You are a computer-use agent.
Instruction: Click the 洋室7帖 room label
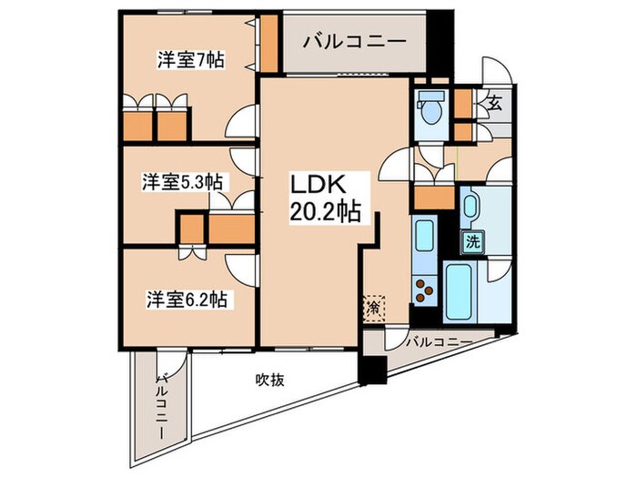tap(190, 60)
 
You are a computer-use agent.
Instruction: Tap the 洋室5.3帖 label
tap(183, 182)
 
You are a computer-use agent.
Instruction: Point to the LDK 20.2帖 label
tap(323, 198)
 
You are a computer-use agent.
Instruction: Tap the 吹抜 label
tap(269, 379)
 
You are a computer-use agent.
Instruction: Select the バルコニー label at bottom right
tap(438, 343)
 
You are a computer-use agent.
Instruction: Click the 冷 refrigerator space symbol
tap(374, 309)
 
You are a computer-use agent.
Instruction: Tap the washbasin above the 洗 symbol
tap(470, 208)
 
